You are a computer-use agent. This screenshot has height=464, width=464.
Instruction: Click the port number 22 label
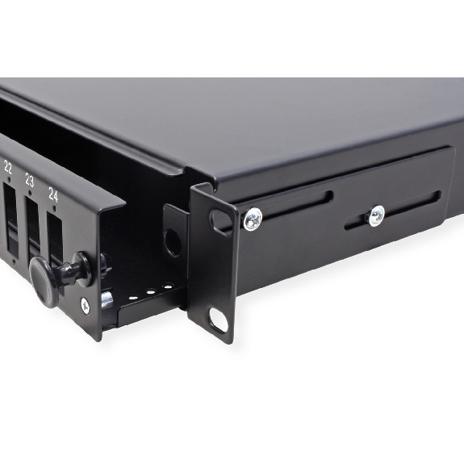click(8, 167)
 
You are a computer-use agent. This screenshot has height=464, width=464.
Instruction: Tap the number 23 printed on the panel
click(29, 180)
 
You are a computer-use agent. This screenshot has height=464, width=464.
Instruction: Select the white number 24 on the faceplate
click(53, 195)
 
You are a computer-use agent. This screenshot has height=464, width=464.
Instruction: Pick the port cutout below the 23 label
click(33, 228)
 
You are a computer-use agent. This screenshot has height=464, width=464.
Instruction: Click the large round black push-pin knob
click(44, 281)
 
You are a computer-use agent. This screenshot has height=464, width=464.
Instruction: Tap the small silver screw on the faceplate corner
click(86, 305)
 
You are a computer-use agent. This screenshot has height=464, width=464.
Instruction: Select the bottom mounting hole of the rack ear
click(219, 320)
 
